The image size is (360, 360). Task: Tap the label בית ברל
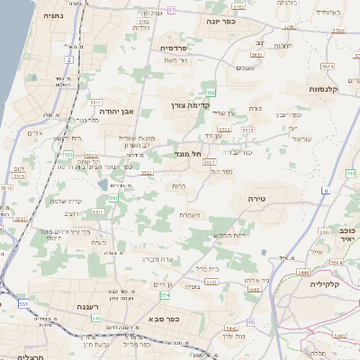[x=207, y=267]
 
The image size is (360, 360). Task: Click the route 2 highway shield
[x=68, y=59]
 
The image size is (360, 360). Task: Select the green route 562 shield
[x=211, y=93]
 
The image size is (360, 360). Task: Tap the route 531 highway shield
[x=22, y=303]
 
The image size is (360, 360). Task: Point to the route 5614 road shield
[x=328, y=66]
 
